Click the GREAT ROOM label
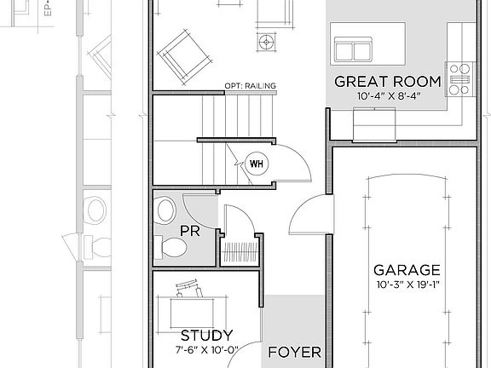tap(387, 82)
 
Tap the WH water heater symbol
tap(257, 163)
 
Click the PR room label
tap(189, 230)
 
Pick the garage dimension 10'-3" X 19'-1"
tap(406, 285)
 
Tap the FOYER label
tap(294, 351)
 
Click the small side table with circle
tap(268, 41)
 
